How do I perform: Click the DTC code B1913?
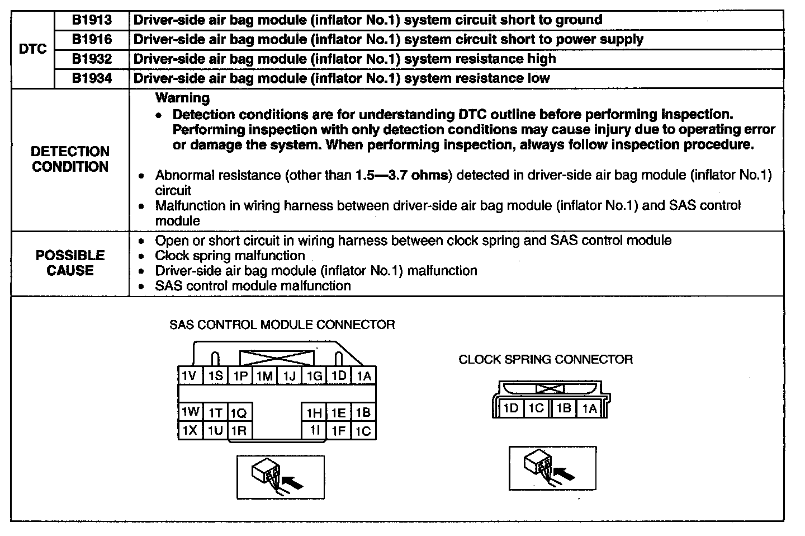click(92, 20)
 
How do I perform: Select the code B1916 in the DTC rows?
click(92, 40)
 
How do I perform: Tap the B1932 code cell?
click(92, 59)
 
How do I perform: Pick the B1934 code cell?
click(92, 78)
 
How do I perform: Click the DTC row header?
click(33, 49)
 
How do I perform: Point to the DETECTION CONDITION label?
click(70, 159)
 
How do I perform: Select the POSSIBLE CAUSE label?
click(70, 263)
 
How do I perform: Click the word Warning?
click(182, 98)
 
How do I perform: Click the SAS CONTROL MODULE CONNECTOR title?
click(282, 325)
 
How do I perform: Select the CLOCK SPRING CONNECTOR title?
click(546, 360)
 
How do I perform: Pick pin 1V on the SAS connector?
click(190, 375)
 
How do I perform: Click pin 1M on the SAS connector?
click(264, 376)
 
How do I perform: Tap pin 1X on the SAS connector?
click(190, 430)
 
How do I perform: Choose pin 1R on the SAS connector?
click(239, 430)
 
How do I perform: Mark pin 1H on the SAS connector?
click(314, 413)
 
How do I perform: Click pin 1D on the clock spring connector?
click(510, 408)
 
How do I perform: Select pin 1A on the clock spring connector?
click(589, 408)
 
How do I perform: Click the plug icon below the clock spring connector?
click(552, 468)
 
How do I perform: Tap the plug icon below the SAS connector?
click(280, 477)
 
